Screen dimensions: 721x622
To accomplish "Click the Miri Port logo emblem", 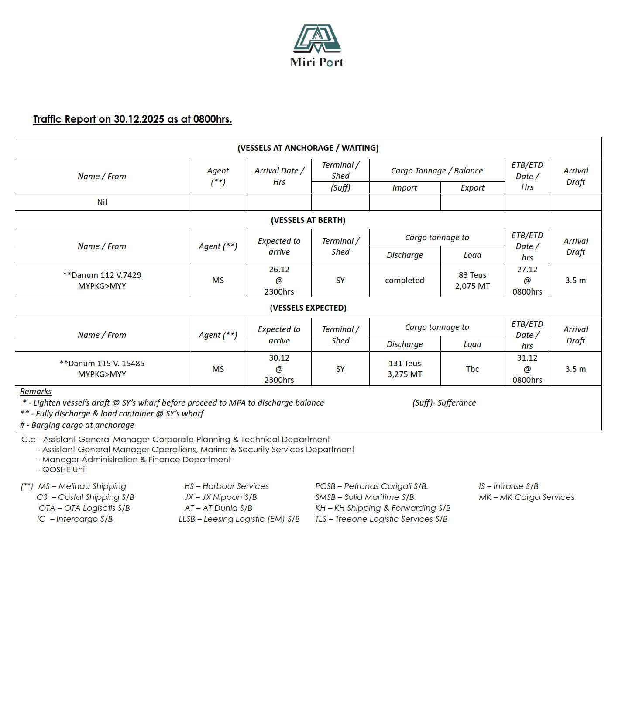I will pos(317,38).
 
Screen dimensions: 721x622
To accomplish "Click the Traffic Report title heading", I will pos(132,119).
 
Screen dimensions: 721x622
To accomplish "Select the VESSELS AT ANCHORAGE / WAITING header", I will pos(308,148).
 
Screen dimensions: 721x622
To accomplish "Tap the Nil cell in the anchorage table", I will pos(102,202).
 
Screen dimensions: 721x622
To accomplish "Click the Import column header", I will pos(404,187).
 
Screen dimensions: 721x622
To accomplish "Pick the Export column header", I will pos(472,187).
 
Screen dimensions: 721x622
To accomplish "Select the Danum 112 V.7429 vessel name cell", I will pos(102,280).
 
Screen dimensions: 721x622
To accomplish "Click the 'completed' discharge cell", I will pos(404,280).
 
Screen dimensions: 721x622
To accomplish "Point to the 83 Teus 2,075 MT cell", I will pos(472,280).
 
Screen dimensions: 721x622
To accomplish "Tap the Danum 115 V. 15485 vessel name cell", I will pos(102,368).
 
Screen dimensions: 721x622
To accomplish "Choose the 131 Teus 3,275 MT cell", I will pos(404,368).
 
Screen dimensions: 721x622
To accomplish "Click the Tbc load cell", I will pos(472,369).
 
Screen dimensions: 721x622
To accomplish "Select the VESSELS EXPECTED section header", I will pos(308,308).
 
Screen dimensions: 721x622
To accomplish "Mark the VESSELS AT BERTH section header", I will pos(308,220).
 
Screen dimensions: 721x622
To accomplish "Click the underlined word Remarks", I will pos(36,392).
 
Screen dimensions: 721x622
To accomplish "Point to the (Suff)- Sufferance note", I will pos(444,402).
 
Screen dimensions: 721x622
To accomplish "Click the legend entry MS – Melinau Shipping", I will pos(82,486).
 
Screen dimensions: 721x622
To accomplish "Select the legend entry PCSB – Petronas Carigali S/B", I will pos(371,486).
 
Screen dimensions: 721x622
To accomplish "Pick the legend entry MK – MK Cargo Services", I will pos(526,497).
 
